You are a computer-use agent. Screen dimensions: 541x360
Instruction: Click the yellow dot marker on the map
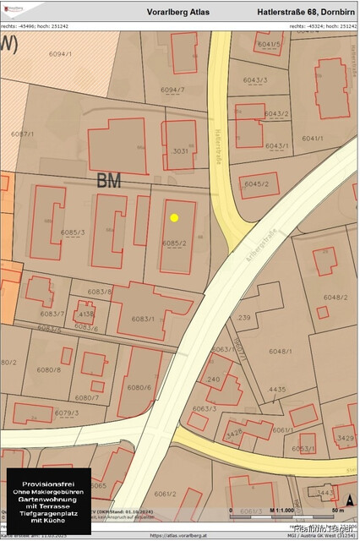[174, 217]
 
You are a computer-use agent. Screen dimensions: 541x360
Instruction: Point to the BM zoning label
[109, 180]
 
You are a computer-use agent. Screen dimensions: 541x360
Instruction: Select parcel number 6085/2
[173, 243]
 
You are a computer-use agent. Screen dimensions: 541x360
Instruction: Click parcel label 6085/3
[73, 232]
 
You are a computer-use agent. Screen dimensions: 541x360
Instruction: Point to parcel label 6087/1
[23, 134]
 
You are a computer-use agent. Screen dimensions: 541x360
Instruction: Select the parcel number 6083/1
[143, 319]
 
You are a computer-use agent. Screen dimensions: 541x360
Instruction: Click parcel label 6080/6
[138, 387]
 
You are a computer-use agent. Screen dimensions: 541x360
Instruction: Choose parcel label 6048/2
[335, 297]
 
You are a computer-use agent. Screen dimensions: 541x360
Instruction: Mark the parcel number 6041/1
[312, 138]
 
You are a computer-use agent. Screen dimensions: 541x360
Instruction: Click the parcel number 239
[244, 317]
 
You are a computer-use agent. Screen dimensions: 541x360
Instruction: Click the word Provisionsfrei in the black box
[48, 481]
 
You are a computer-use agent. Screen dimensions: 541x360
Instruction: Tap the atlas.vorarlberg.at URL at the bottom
[179, 535]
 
